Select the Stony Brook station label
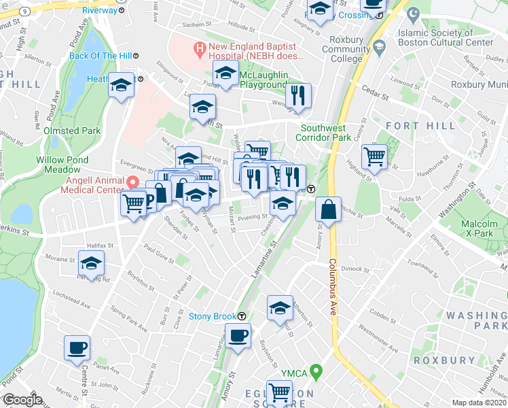pos(211,316)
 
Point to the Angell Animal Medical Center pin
pos(133,182)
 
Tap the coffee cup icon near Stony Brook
pos(238,335)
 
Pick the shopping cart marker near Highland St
pos(374,156)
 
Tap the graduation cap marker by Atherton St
pos(279,307)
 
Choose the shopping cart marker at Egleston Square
pos(279,392)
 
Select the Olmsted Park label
pos(72,131)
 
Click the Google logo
pos(22,401)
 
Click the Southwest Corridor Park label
pos(324,133)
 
